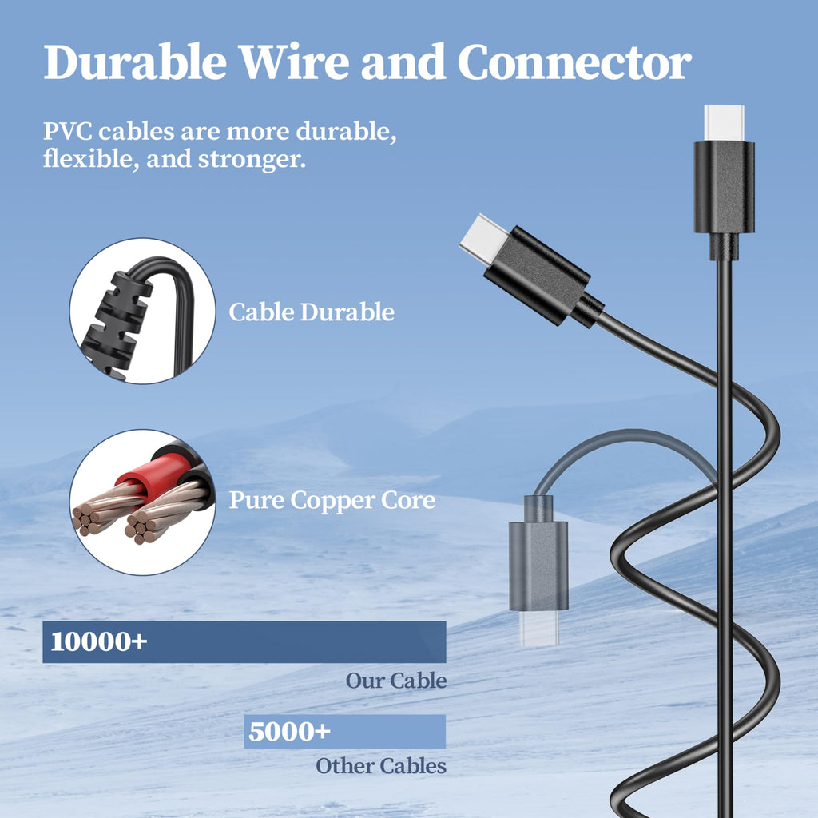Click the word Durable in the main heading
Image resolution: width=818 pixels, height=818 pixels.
click(x=135, y=62)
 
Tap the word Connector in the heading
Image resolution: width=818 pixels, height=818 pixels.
click(x=574, y=62)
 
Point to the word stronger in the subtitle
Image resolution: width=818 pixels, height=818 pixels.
click(x=252, y=159)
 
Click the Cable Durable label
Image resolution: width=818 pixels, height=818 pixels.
click(x=312, y=312)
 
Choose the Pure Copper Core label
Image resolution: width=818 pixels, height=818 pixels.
click(x=332, y=500)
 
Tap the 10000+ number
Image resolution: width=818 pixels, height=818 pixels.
click(x=98, y=641)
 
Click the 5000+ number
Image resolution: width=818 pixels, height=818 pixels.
click(x=289, y=731)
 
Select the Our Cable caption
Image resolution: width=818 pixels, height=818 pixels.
click(x=396, y=681)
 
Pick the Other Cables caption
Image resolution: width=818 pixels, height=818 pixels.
click(x=381, y=766)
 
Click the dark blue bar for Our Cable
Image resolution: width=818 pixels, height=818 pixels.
click(x=244, y=641)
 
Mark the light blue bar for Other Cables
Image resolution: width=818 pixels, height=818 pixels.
click(x=345, y=732)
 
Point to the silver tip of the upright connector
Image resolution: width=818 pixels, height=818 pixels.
click(x=724, y=122)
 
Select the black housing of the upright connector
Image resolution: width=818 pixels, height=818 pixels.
click(x=724, y=187)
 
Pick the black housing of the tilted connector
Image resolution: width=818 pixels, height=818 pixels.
click(x=537, y=275)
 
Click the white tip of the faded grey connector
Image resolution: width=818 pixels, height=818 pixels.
click(x=539, y=628)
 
